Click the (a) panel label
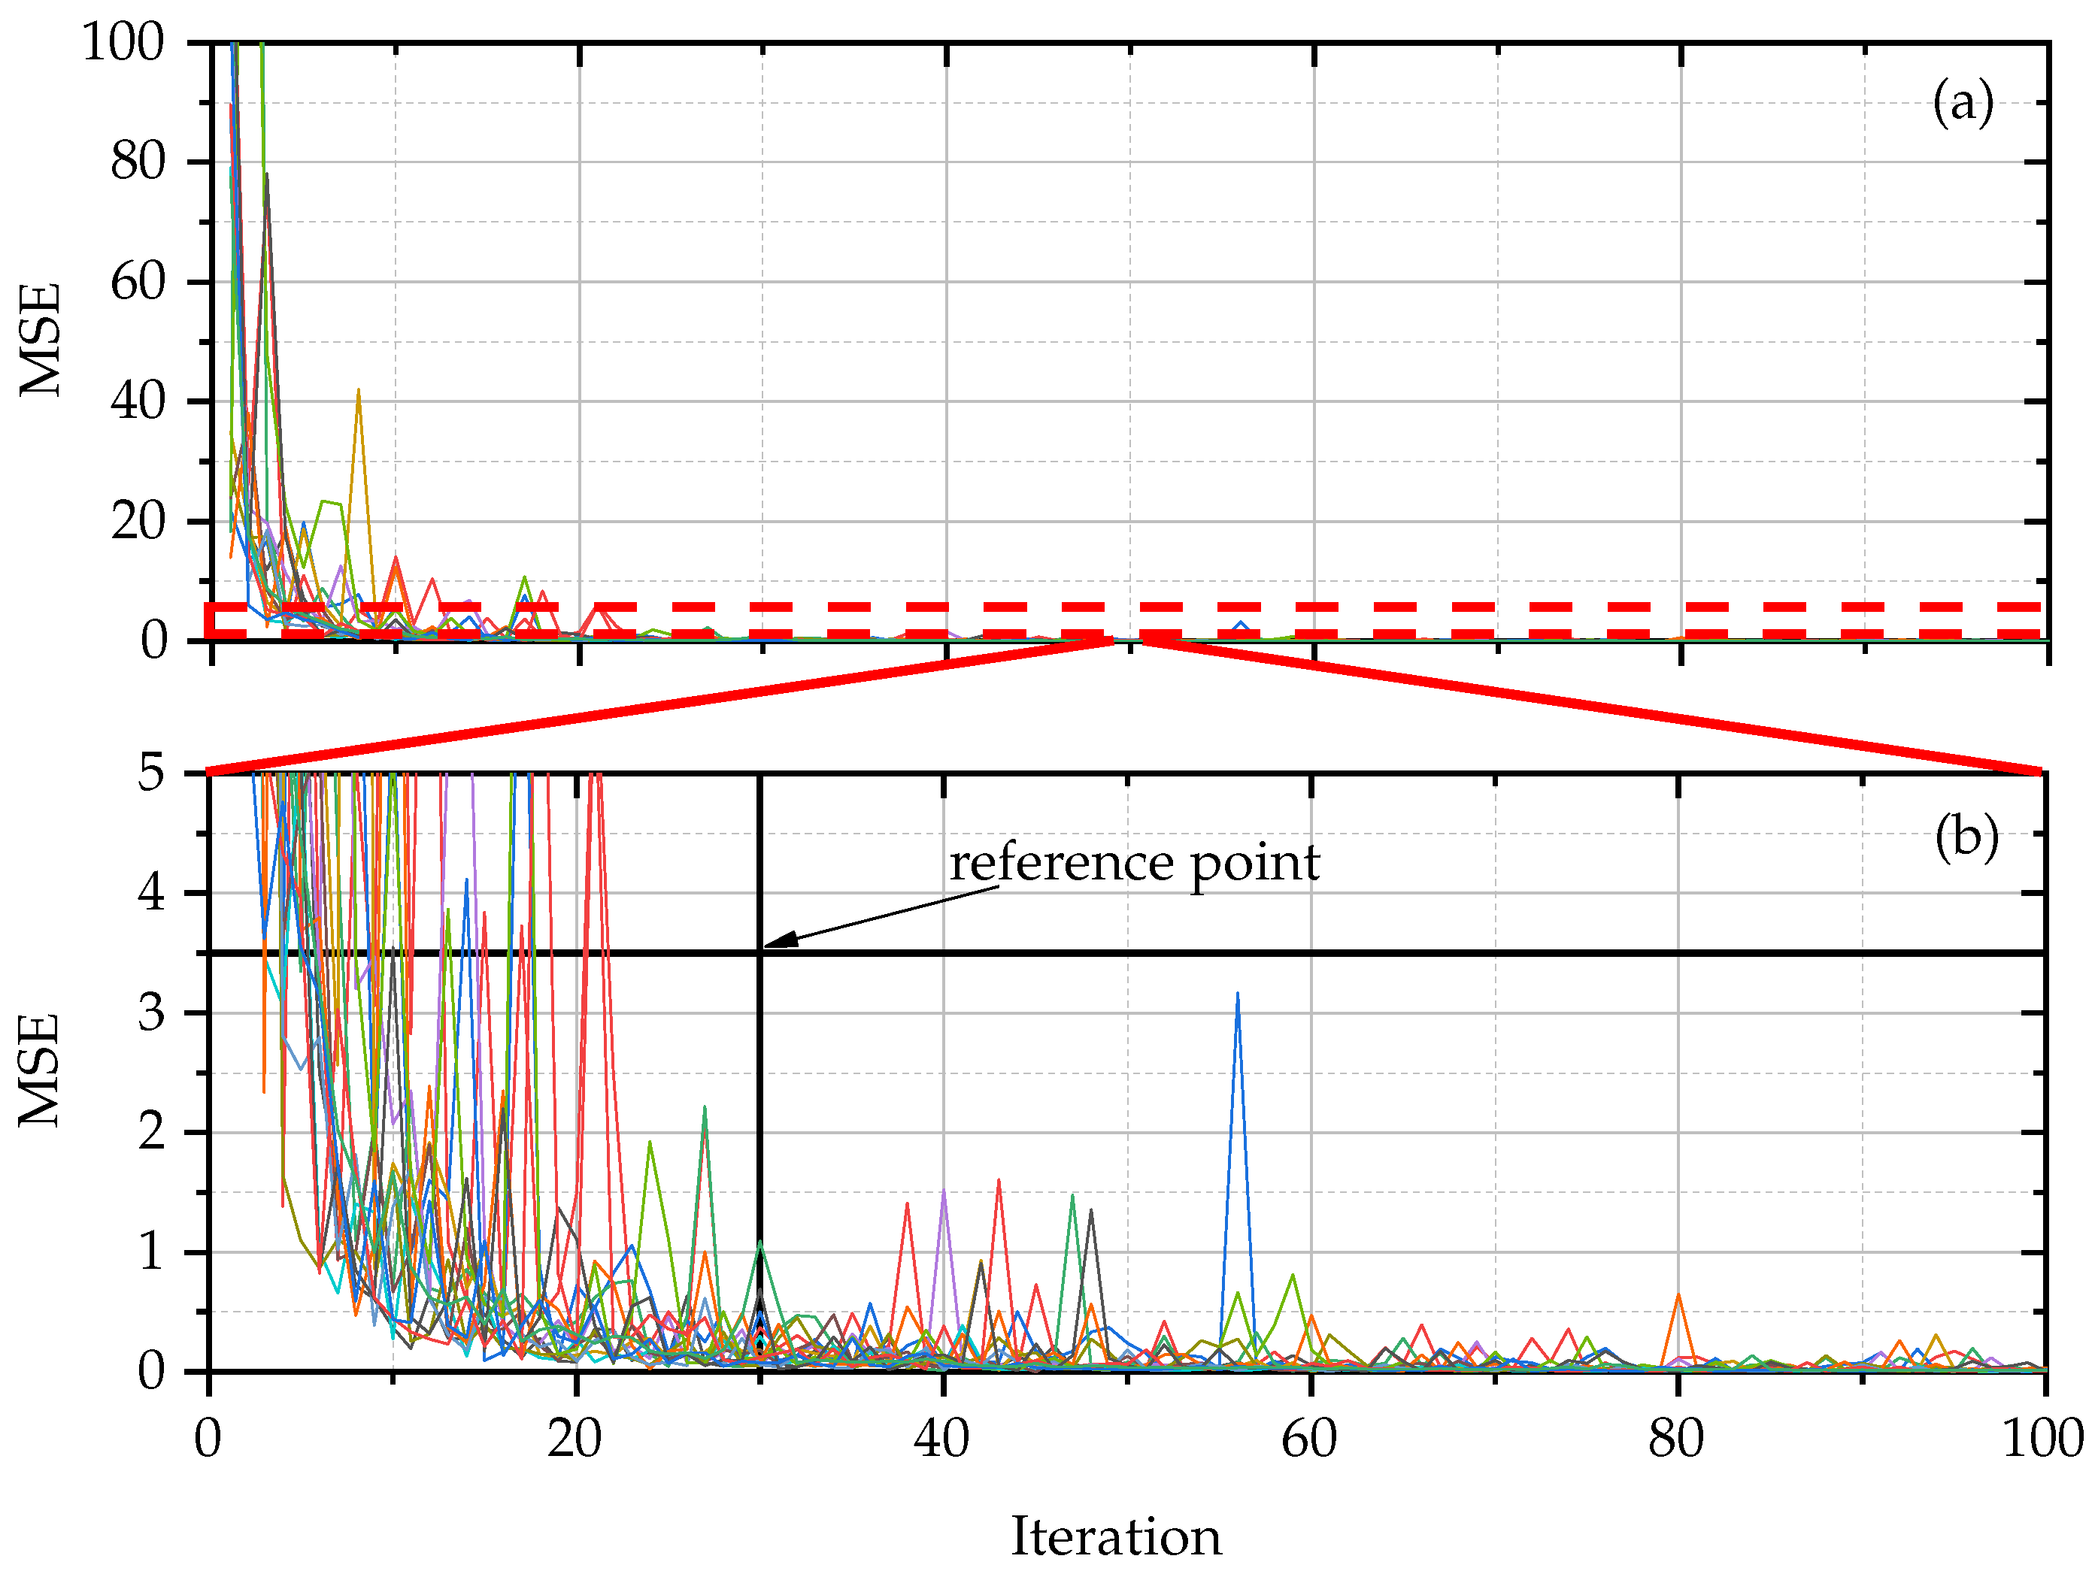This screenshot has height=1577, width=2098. coord(1963,101)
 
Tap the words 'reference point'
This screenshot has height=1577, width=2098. coord(1135,863)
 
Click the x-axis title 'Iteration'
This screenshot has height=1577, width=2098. coord(1115,1536)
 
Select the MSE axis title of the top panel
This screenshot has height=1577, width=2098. coord(41,340)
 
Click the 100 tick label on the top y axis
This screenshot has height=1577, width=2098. coord(123,43)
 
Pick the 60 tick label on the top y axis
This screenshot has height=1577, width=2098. coord(138,283)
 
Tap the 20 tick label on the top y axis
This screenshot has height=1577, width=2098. coord(138,522)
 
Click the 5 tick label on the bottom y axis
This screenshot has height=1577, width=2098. coord(151,773)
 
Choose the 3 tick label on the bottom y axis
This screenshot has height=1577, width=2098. coord(151,1012)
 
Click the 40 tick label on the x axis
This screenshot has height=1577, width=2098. coord(941,1439)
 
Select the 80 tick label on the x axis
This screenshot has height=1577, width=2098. coord(1676,1439)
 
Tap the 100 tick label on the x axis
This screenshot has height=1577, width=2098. coord(2042,1439)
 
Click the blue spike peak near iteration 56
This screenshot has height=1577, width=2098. coord(1238,994)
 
